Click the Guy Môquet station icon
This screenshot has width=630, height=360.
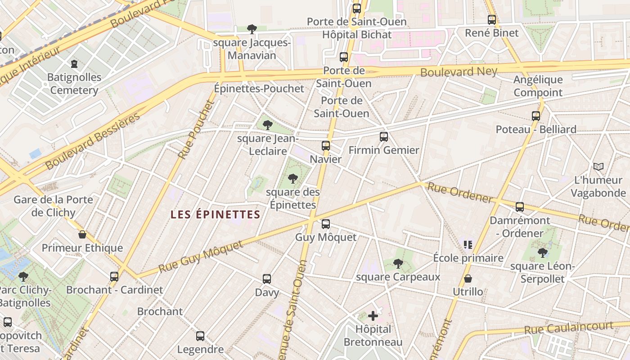pos(326,224)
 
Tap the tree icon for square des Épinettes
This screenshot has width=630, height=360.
pos(293,179)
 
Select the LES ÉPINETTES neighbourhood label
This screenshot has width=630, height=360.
pos(216,215)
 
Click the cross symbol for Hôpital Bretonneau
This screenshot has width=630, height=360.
pos(373,316)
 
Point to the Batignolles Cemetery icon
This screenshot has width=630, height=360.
pos(74,64)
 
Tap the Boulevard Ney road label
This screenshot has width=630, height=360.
pos(459,72)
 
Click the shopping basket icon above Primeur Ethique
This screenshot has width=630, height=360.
pos(82,234)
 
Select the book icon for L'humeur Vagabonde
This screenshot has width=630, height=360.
pos(598,167)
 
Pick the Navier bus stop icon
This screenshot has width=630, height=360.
pos(326,145)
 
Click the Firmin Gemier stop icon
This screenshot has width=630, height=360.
pos(384,136)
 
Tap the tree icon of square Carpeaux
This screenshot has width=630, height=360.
pos(398,263)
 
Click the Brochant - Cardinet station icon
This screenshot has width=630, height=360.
pos(114,276)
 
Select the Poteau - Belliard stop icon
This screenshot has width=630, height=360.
pos(535,116)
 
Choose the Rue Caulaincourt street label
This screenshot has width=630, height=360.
pos(569,328)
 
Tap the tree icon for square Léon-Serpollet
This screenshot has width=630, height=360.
pos(543,252)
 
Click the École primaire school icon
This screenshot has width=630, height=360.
pos(468,244)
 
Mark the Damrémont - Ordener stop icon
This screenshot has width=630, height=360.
pos(520,207)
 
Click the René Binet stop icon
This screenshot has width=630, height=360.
pos(492,19)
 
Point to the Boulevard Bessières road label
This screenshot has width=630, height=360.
pos(93,142)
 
